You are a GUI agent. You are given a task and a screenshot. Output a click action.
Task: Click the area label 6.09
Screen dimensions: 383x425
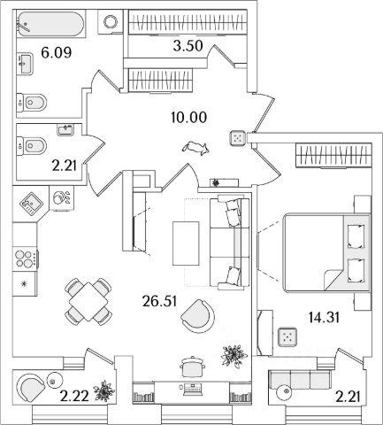click(x=57, y=53)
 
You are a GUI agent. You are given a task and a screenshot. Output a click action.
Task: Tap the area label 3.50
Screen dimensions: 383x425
click(x=188, y=46)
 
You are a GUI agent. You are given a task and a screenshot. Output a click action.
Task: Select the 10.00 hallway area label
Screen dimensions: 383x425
click(x=188, y=118)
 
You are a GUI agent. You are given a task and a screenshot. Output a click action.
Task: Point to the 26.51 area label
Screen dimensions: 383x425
click(x=159, y=301)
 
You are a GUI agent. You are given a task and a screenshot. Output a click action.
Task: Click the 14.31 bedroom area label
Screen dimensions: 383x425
click(x=324, y=318)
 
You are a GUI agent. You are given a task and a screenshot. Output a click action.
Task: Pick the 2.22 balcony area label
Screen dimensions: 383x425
click(x=74, y=396)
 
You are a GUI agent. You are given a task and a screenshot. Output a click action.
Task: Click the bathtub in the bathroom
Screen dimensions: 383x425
click(x=51, y=24)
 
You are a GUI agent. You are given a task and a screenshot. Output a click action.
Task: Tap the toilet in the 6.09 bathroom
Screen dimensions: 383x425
click(x=32, y=103)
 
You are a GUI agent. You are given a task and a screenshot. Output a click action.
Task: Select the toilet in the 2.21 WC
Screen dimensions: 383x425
click(x=32, y=145)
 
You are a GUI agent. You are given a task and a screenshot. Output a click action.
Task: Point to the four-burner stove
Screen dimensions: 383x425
click(x=25, y=259)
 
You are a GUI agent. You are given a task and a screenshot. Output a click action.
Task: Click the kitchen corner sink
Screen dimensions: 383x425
click(x=31, y=203)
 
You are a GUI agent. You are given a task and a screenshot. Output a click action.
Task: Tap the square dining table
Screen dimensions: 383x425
click(x=88, y=302)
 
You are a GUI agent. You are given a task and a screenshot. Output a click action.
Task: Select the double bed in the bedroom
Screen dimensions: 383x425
click(x=326, y=253)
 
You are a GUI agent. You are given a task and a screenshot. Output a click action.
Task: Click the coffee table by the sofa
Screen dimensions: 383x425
click(x=186, y=243)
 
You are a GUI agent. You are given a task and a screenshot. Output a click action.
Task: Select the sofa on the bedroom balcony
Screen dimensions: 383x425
click(x=300, y=380)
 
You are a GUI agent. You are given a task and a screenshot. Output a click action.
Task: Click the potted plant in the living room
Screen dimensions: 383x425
click(x=234, y=355)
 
